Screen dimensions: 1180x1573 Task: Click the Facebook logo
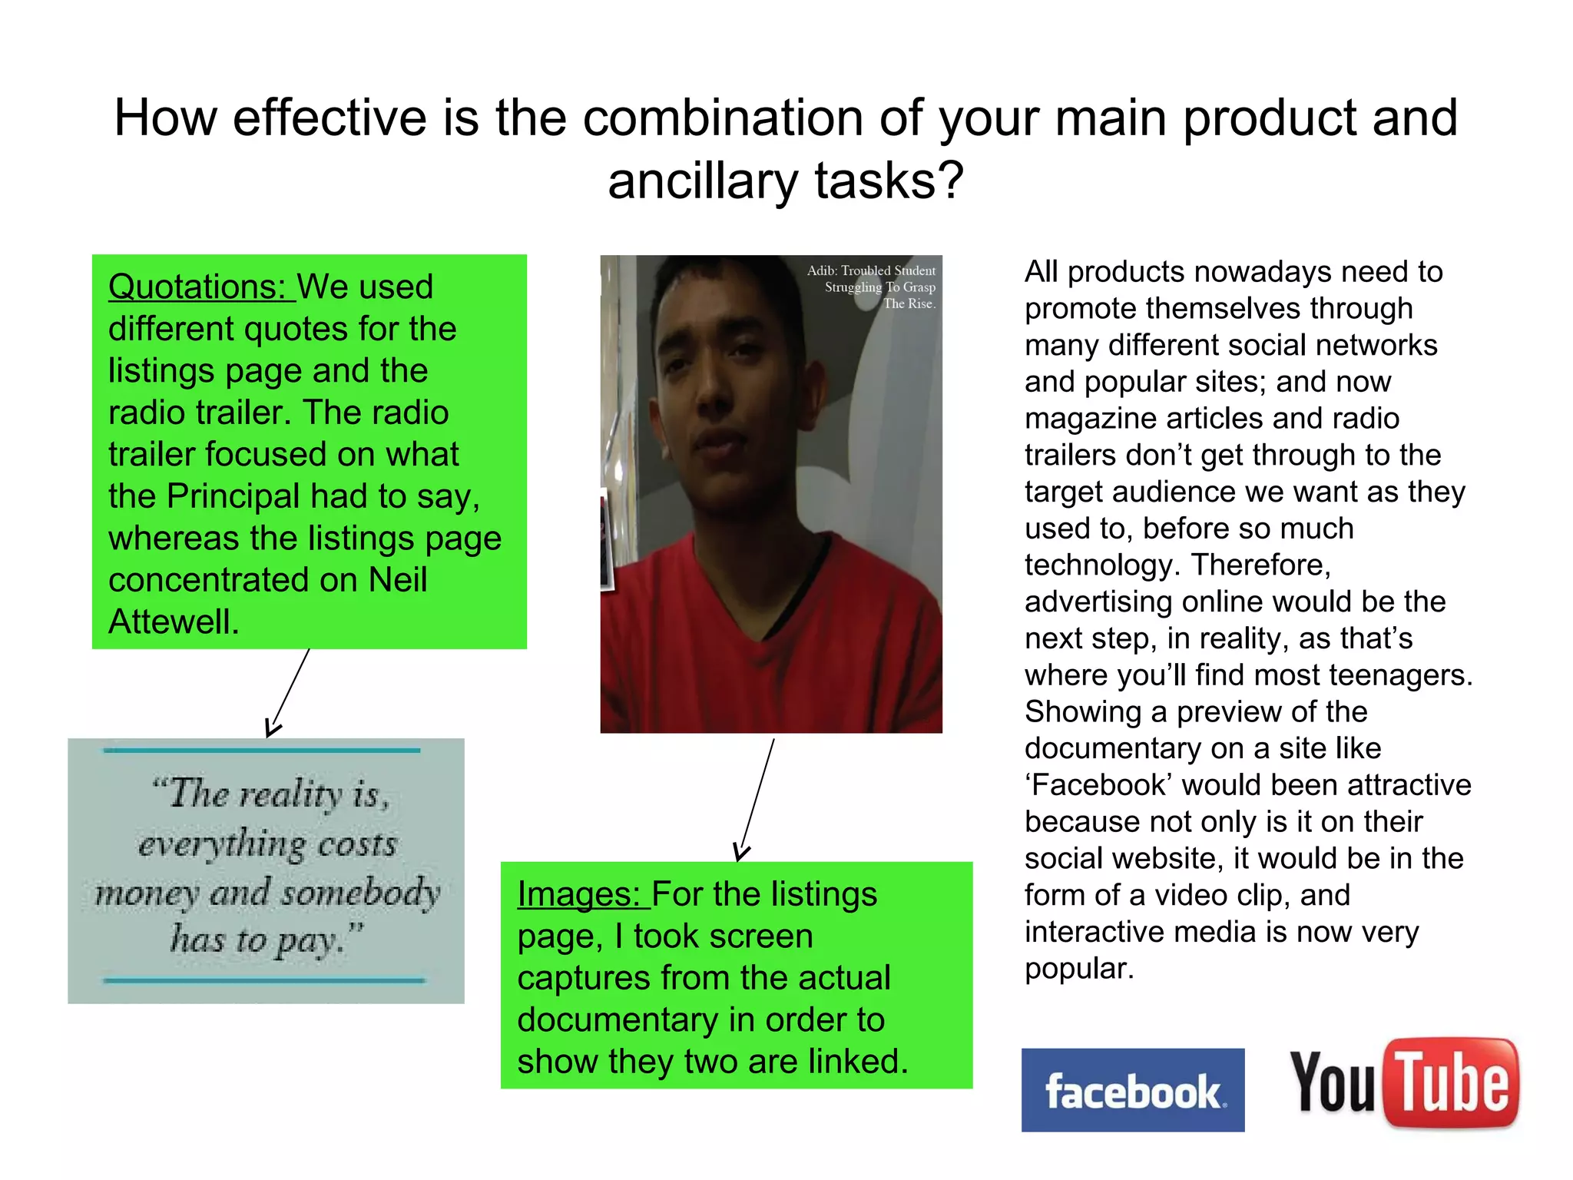[x=1132, y=1089]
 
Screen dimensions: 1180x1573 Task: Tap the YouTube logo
[x=1403, y=1083]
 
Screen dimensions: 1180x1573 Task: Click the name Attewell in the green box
[x=174, y=622]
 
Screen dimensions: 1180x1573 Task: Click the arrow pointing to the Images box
[x=757, y=799]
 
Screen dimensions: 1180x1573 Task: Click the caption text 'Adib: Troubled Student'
[x=871, y=270]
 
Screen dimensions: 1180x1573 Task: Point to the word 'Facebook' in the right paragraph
[x=1098, y=785]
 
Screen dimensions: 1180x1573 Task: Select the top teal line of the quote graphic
[x=261, y=750]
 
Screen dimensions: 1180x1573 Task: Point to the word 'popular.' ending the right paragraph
[x=1079, y=969]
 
